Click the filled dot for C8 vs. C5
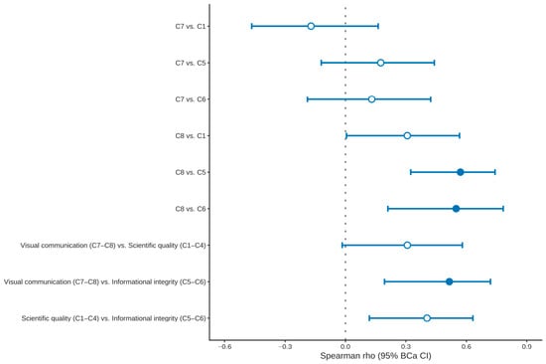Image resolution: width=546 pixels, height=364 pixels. click(461, 172)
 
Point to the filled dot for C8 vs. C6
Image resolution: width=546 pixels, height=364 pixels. click(456, 209)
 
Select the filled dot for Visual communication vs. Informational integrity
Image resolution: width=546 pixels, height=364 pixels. click(449, 281)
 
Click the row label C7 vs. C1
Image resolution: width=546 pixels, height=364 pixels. click(191, 27)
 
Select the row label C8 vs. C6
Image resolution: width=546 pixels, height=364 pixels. click(191, 209)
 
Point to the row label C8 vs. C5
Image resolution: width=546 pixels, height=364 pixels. click(191, 172)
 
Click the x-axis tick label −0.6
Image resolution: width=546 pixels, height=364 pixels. click(224, 346)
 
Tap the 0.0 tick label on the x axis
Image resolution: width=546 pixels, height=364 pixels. click(345, 346)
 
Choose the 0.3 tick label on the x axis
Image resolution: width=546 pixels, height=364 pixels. click(406, 346)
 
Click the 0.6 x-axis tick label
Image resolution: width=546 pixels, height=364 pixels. click(467, 346)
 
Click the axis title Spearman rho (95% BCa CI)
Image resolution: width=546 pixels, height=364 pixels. click(375, 356)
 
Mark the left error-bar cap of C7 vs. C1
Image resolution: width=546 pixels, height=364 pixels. click(252, 26)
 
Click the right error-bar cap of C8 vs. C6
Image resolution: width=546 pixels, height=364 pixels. click(503, 209)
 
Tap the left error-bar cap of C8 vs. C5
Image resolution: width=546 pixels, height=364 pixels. click(411, 172)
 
